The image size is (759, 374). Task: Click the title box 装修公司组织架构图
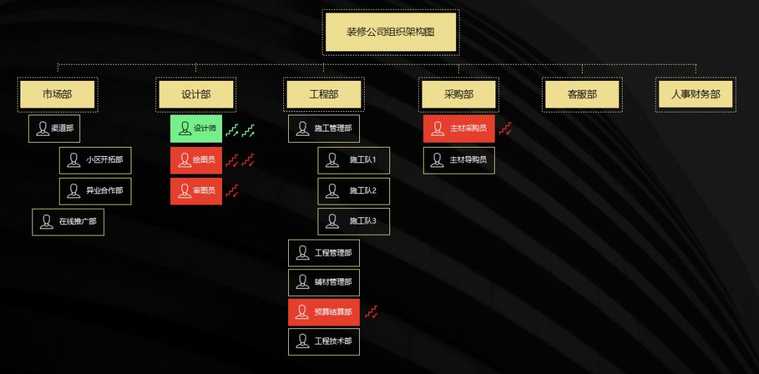(x=391, y=32)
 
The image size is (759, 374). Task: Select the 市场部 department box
(x=58, y=94)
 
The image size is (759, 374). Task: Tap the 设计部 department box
(x=195, y=94)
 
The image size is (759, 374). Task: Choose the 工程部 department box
(x=323, y=94)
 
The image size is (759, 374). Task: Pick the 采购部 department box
(x=459, y=94)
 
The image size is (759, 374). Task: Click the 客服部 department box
(x=582, y=94)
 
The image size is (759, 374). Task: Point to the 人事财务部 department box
(x=695, y=94)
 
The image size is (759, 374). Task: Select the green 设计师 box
(x=196, y=129)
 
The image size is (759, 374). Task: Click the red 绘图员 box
(x=196, y=160)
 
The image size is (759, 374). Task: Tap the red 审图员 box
(x=196, y=191)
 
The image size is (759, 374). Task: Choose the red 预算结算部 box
(x=323, y=311)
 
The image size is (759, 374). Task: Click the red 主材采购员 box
(x=459, y=129)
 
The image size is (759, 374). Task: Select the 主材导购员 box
(x=459, y=160)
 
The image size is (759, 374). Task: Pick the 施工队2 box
(x=353, y=191)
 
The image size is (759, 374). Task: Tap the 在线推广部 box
(x=68, y=221)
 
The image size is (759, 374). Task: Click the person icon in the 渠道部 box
(x=43, y=129)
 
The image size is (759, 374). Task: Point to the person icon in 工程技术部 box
(x=303, y=342)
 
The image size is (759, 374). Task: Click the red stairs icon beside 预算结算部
(x=372, y=311)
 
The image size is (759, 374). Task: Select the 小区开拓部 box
(x=95, y=160)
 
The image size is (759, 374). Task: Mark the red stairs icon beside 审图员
(x=232, y=191)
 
